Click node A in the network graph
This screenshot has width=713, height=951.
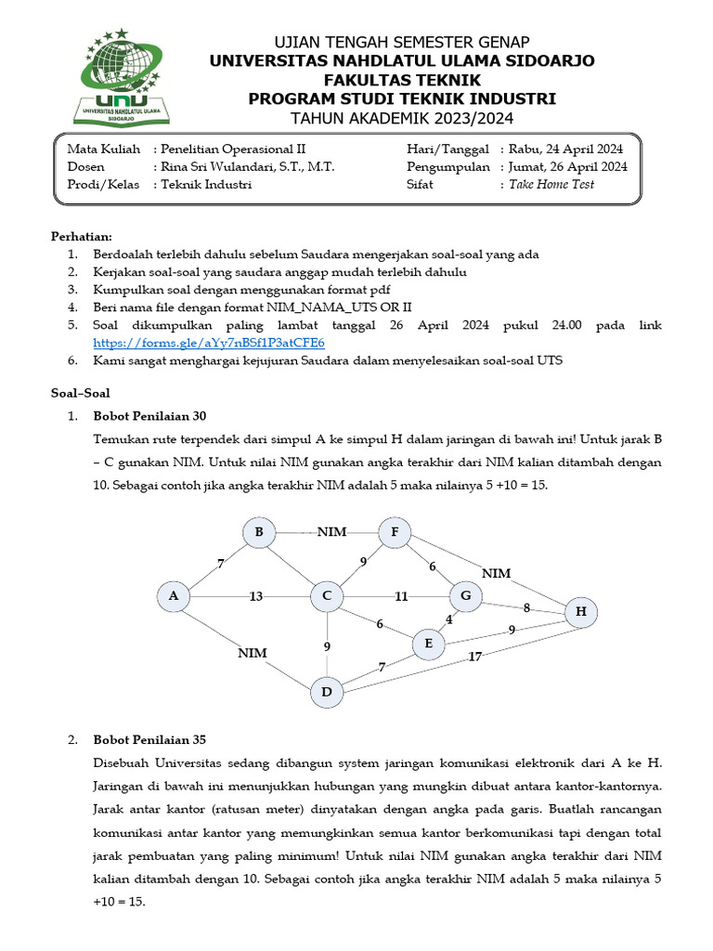point(173,596)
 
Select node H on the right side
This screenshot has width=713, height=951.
point(581,611)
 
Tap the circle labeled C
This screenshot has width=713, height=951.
point(327,596)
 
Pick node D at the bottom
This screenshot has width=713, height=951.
point(327,691)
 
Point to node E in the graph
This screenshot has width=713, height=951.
point(428,644)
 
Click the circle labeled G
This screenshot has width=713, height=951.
point(466,596)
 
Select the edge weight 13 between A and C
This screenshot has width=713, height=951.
point(256,596)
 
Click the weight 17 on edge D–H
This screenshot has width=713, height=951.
point(475,658)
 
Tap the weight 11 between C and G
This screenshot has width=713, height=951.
point(400,596)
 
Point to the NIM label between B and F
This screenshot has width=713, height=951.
point(331,532)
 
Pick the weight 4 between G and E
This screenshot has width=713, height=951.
point(449,619)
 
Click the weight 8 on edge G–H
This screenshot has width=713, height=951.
point(526,608)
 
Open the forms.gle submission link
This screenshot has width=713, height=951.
point(209,343)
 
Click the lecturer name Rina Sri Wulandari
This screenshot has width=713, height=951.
point(248,166)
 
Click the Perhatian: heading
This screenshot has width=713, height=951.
point(81,237)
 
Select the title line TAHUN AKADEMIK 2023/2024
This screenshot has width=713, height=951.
point(401,118)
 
